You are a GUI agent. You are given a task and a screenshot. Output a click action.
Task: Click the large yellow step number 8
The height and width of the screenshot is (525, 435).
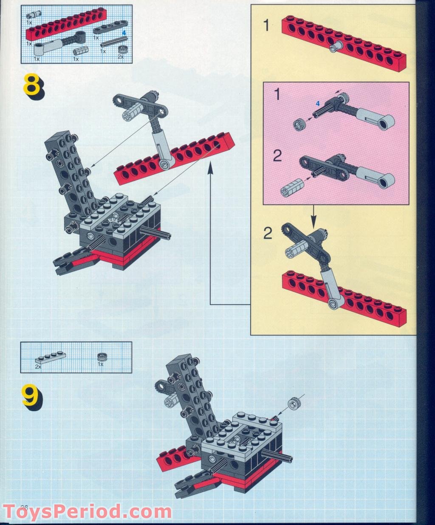(x=32, y=86)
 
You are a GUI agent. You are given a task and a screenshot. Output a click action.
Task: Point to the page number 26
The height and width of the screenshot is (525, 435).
(x=24, y=508)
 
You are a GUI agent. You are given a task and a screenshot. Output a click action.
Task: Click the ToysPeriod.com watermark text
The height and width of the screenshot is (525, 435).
(x=87, y=511)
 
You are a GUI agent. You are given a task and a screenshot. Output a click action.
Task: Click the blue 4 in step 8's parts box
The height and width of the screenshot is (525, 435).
(x=124, y=32)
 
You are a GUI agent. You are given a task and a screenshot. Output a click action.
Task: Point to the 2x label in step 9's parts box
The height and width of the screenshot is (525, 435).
(x=38, y=366)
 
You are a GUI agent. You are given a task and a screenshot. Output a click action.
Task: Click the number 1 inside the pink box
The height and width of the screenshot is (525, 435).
(x=277, y=94)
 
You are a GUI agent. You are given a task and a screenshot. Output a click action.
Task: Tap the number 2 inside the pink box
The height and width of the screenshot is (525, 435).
(x=277, y=156)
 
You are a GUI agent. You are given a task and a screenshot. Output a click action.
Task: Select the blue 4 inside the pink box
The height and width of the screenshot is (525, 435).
(x=316, y=103)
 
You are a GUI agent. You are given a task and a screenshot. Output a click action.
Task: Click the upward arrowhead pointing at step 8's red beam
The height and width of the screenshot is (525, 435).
(x=210, y=169)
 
